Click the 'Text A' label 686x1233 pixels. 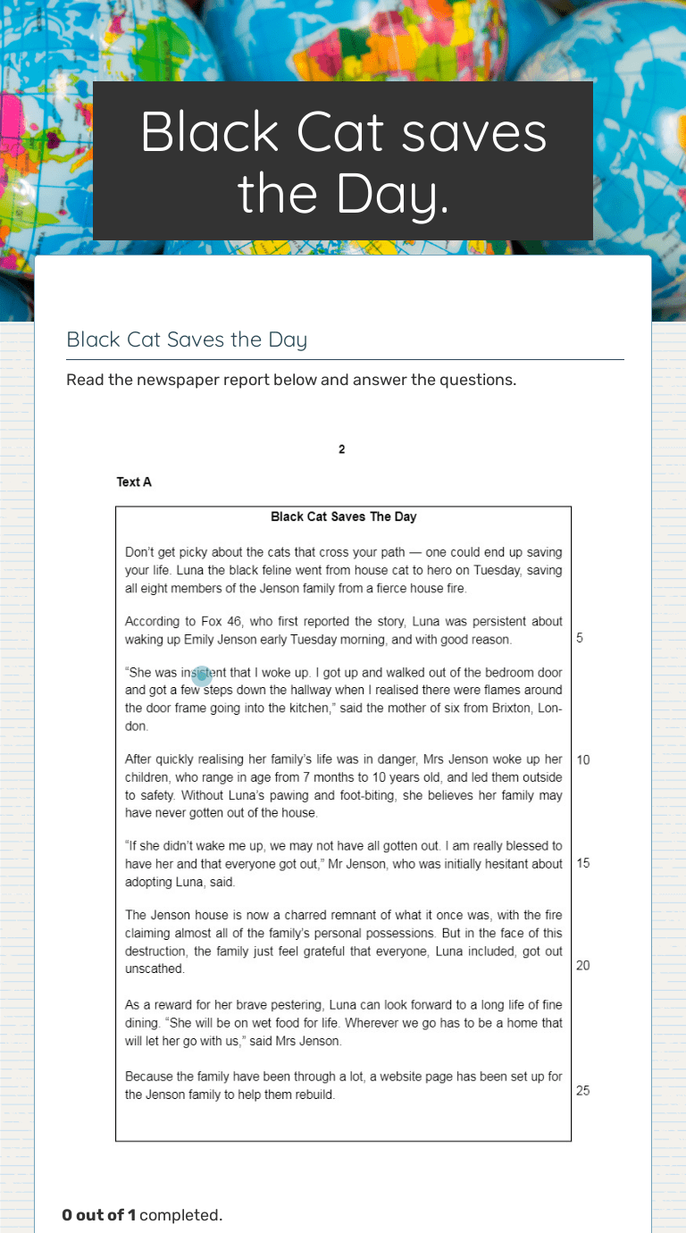(x=134, y=482)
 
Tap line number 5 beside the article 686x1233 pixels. (x=580, y=639)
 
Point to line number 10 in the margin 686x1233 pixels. (x=583, y=760)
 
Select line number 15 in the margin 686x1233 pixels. (x=583, y=864)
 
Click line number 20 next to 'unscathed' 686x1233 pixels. (x=583, y=966)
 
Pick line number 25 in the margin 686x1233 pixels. (x=583, y=1091)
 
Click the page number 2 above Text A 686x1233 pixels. (x=342, y=449)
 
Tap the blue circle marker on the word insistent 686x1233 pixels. (x=202, y=676)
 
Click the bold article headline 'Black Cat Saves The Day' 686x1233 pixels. (x=343, y=516)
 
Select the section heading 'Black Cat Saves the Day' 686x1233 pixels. (x=187, y=340)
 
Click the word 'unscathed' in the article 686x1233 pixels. (x=155, y=969)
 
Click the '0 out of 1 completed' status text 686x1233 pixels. (x=142, y=1215)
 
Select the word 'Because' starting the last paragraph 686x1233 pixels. (x=147, y=1076)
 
